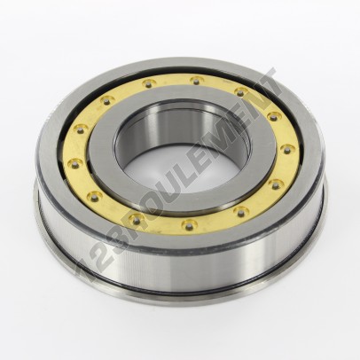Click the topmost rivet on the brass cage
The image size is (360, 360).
coord(195,80)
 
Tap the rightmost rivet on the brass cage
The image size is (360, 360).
coord(286,148)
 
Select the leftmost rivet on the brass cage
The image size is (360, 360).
coord(74,161)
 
